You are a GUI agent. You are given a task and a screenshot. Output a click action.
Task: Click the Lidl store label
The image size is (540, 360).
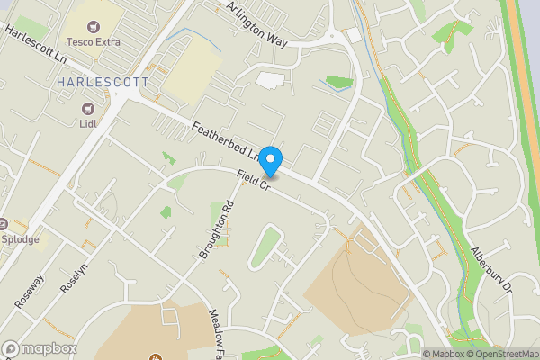87,124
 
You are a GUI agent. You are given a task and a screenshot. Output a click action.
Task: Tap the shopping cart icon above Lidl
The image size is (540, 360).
87,109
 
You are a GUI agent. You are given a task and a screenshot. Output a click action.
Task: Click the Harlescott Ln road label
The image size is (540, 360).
39,44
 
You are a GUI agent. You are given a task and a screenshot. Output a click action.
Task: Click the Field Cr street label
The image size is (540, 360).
254,179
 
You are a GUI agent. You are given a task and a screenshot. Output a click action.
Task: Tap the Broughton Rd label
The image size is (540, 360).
216,229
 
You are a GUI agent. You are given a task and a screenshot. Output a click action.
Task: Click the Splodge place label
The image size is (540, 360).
20,239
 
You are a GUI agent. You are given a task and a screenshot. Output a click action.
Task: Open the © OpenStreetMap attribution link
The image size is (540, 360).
503,354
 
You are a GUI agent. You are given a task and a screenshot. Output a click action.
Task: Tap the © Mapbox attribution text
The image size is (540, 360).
445,354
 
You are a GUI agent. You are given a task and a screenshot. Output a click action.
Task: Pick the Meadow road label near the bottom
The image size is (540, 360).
220,334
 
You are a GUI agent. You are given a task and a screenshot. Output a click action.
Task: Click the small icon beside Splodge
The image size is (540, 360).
3,223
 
